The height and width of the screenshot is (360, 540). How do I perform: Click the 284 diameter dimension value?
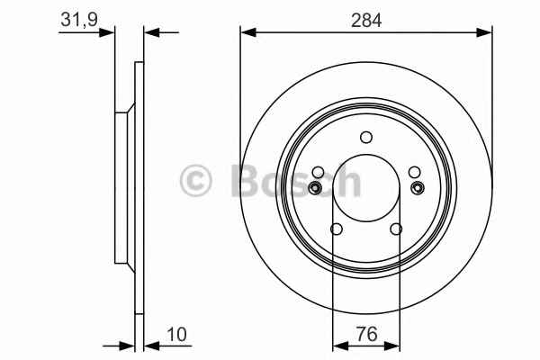click(x=366, y=21)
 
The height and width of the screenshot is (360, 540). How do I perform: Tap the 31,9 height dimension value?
click(x=79, y=20)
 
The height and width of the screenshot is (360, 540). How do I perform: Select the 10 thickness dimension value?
click(x=176, y=334)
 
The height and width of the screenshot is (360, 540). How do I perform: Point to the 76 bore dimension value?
click(x=367, y=334)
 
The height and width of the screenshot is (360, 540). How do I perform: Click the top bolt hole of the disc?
click(x=366, y=137)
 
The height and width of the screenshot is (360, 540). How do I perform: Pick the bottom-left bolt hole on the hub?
click(x=336, y=229)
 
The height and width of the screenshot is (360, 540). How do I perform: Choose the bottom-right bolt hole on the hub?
click(x=396, y=229)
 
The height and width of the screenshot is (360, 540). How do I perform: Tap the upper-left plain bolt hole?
click(x=318, y=172)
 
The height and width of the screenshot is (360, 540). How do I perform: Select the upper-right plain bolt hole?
click(x=414, y=172)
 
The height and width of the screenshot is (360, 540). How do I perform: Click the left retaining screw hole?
click(x=315, y=188)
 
